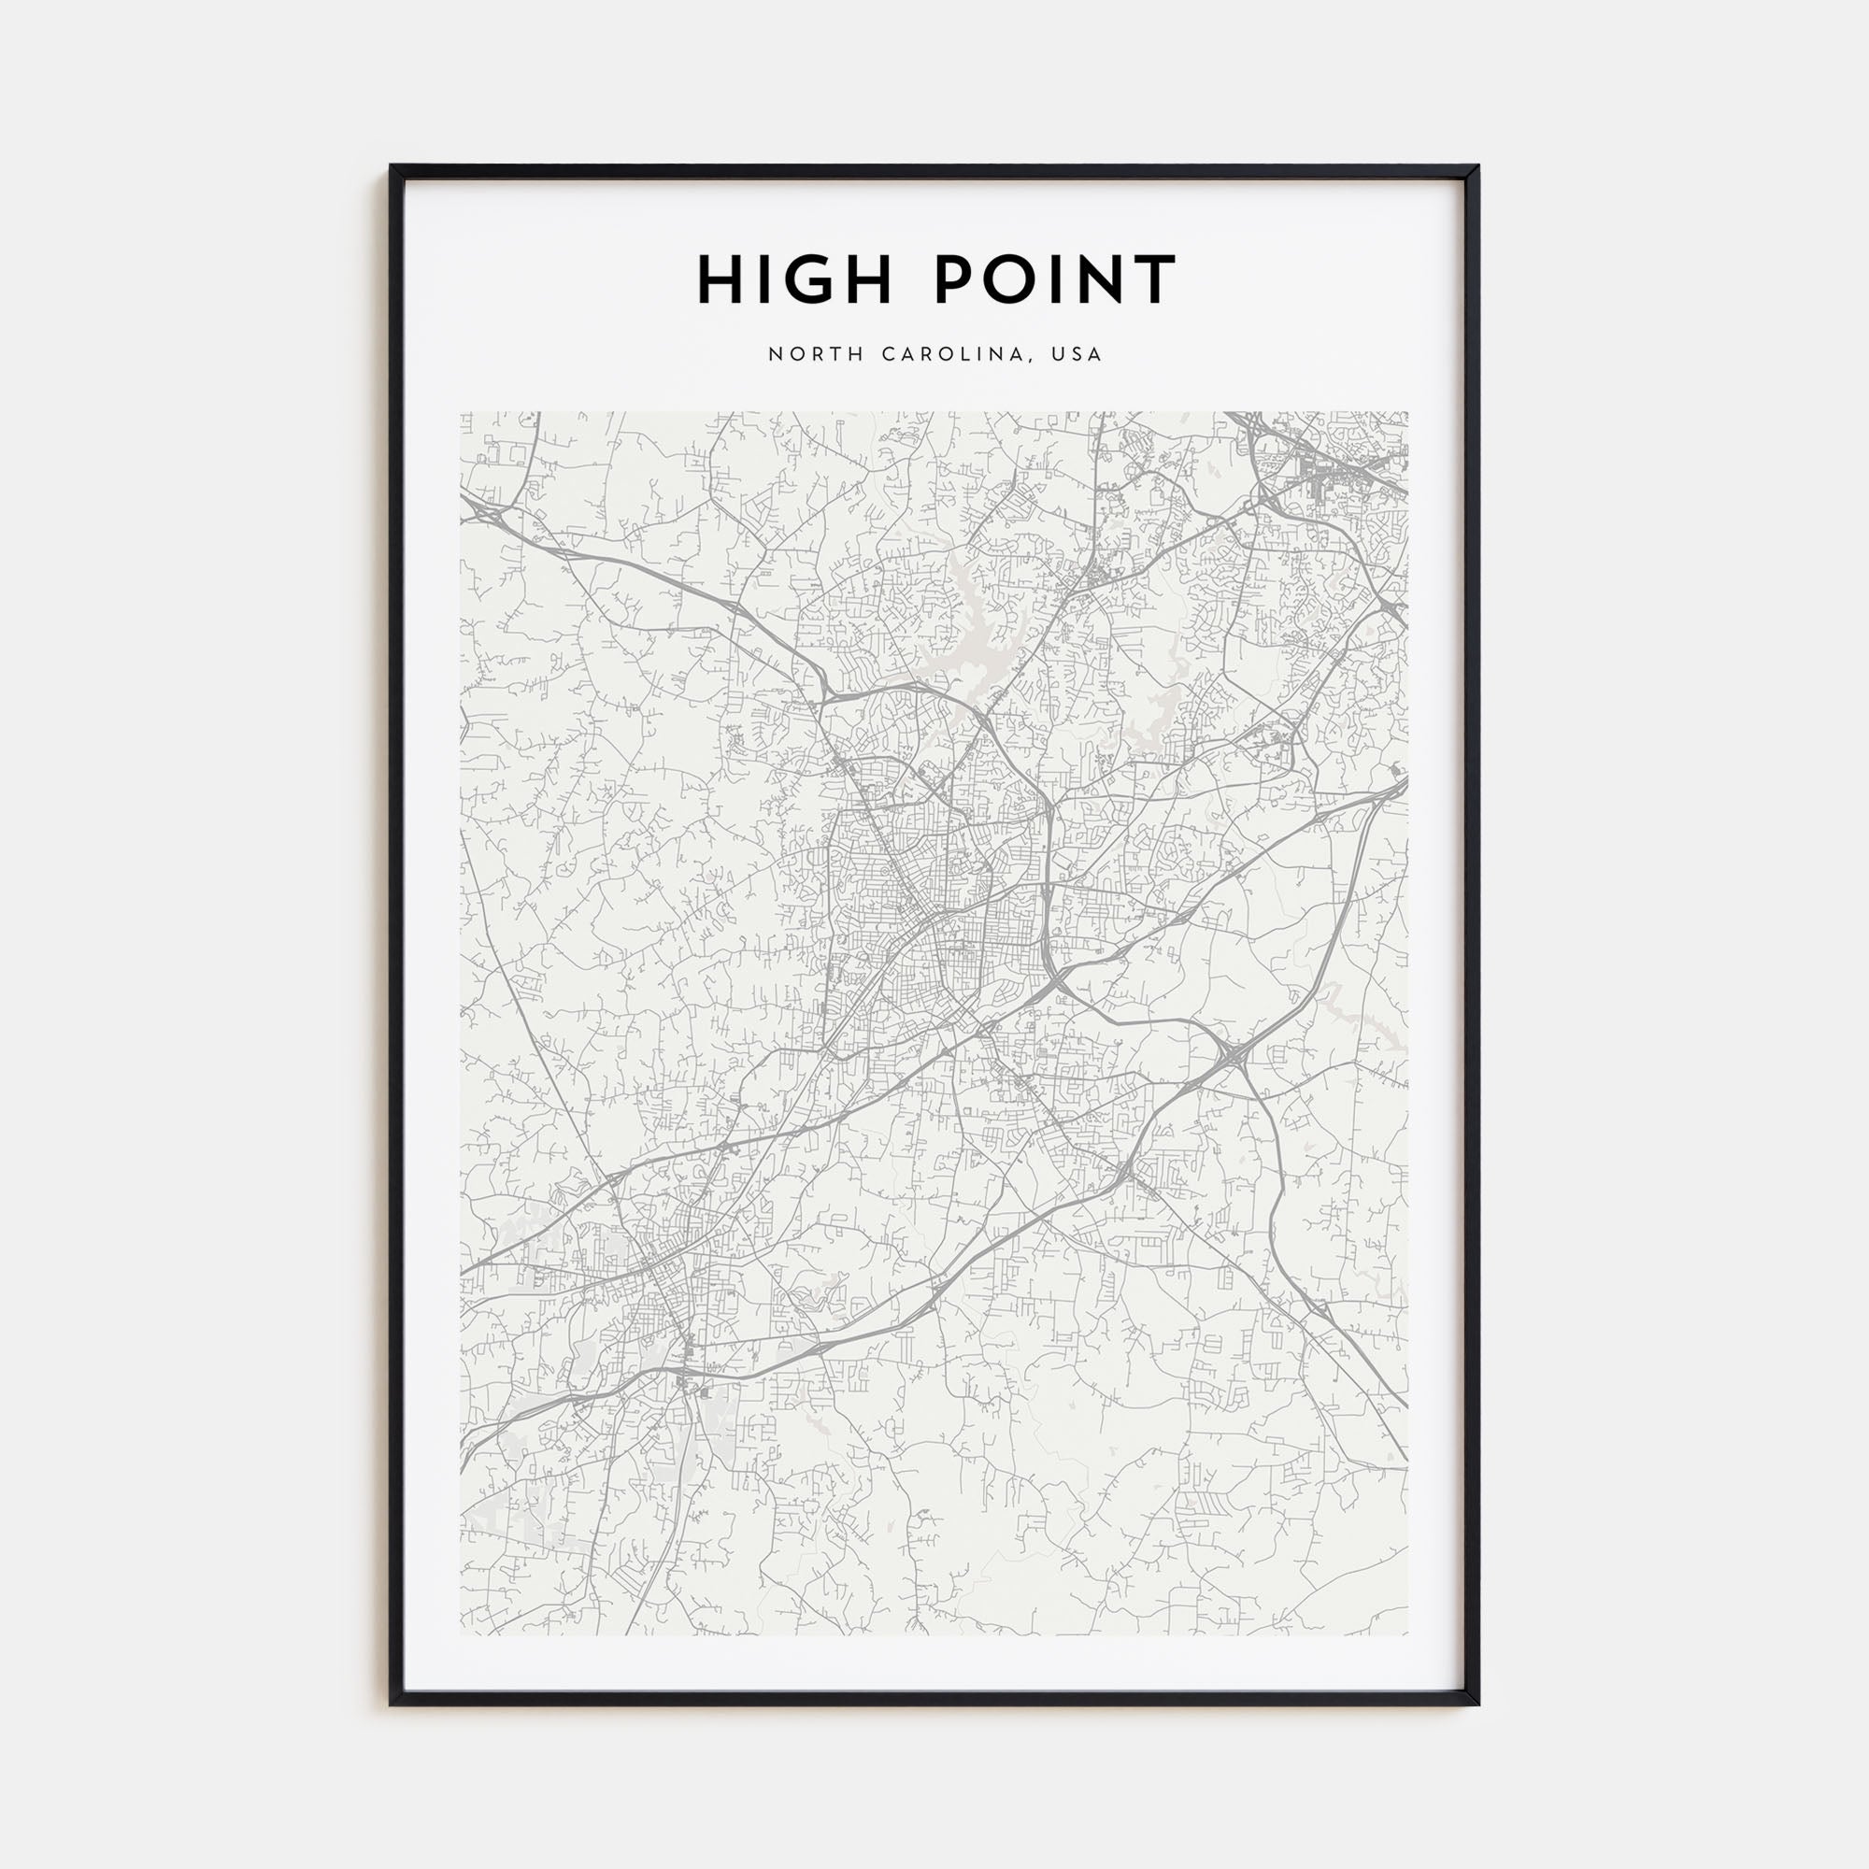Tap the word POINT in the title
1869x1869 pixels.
(x=1055, y=280)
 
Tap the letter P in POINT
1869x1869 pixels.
(x=955, y=280)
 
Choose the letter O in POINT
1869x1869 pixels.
(x=1013, y=280)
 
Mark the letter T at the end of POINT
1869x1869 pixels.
(x=1154, y=280)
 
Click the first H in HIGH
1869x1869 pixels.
(x=720, y=280)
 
